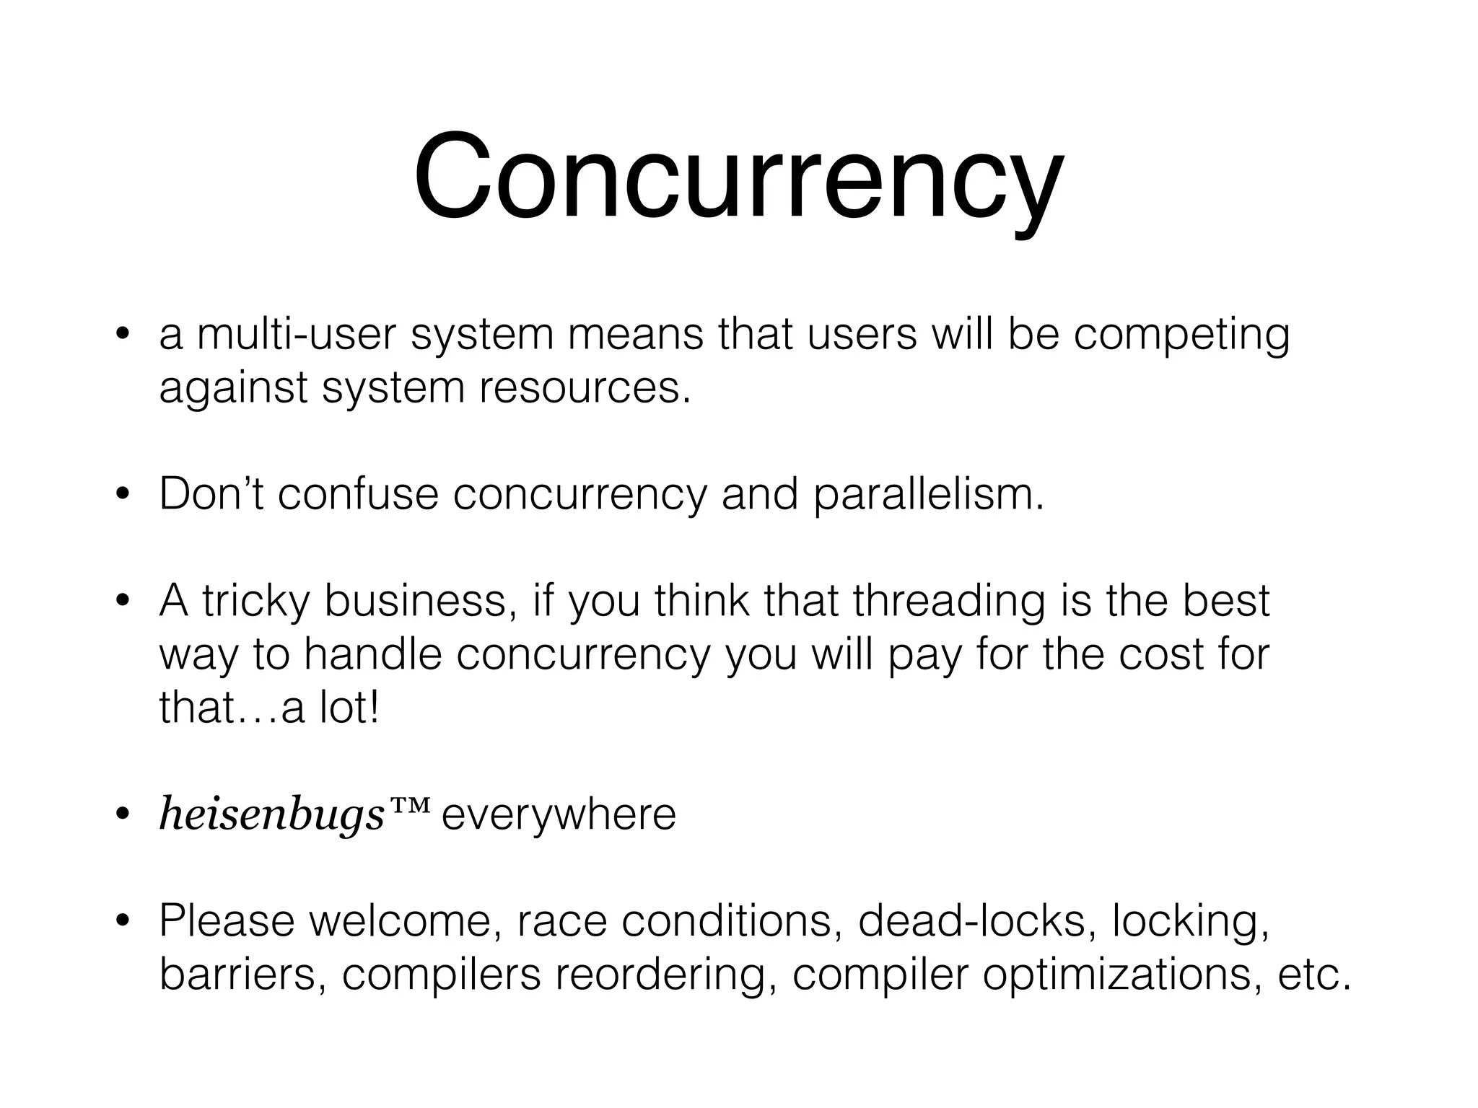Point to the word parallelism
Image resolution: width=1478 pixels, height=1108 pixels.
[x=928, y=496]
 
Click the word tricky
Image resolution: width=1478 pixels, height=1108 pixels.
[x=256, y=601]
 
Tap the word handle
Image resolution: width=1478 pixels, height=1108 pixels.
[x=372, y=654]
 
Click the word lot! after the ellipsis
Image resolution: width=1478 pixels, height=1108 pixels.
[x=348, y=708]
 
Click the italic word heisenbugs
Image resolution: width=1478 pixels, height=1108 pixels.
[x=271, y=815]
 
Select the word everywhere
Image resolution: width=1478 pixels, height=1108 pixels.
[x=559, y=815]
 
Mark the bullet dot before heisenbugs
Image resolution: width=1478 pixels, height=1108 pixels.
[x=123, y=815]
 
